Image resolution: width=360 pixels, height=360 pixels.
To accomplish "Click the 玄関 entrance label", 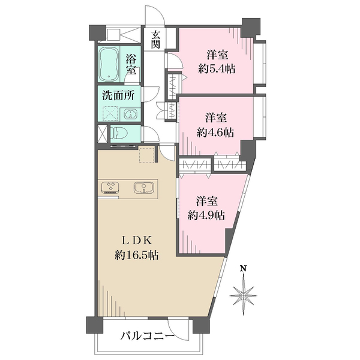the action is tap(155, 40).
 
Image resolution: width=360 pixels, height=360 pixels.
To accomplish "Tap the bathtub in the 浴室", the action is tap(109, 64).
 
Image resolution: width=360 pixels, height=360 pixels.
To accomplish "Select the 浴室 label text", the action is tap(131, 65).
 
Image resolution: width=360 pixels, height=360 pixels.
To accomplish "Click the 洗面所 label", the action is tap(118, 96).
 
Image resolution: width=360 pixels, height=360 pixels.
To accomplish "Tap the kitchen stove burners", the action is tap(110, 187).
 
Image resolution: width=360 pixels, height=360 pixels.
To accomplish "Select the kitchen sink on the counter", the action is tap(144, 187).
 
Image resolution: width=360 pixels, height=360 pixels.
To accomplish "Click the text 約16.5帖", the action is tap(136, 255).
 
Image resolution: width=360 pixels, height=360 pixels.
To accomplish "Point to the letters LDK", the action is tap(136, 241).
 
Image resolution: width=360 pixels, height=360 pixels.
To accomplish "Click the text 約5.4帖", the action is tap(217, 68).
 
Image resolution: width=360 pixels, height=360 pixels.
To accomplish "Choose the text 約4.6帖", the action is tap(215, 133).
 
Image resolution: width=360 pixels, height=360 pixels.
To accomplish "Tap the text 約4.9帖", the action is tap(206, 215).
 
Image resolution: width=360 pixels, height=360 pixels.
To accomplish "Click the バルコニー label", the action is tap(148, 337).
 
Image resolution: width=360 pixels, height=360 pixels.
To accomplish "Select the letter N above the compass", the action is tap(243, 268).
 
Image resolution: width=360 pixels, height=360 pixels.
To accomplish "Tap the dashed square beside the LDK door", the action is tap(147, 155).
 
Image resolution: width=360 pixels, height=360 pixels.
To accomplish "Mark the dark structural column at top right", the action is tap(251, 27).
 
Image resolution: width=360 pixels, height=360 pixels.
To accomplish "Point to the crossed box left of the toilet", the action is tap(102, 134).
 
